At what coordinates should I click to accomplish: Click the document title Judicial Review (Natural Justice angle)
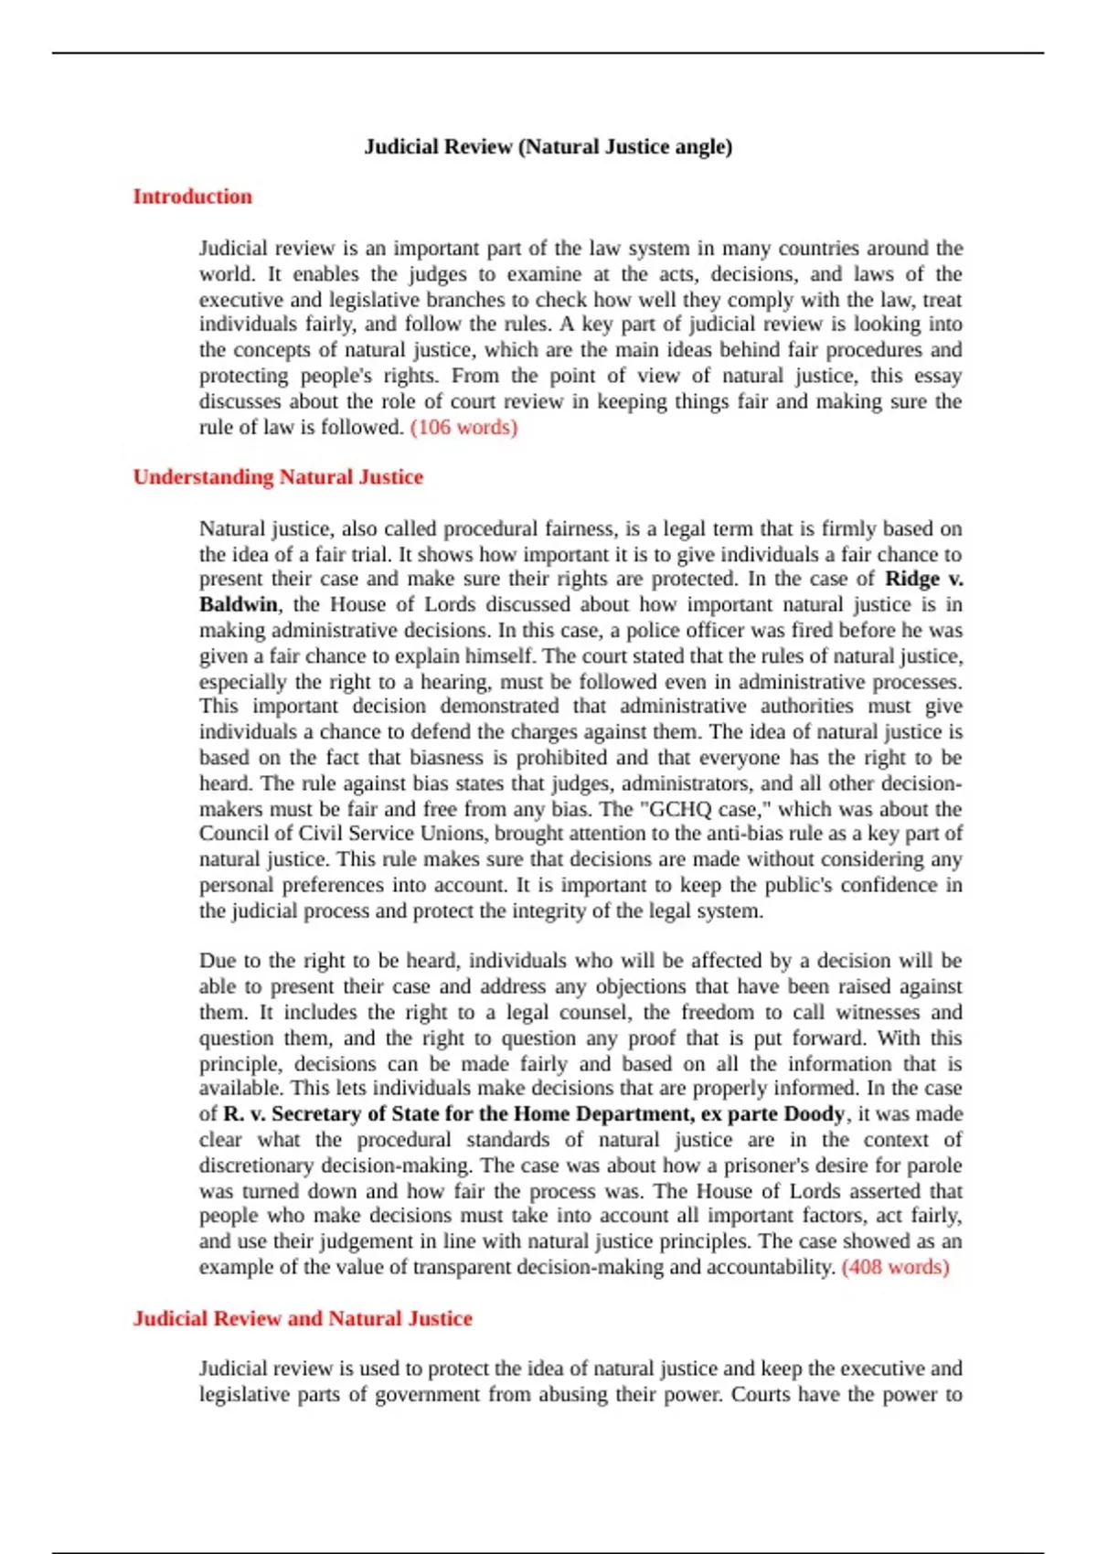pyautogui.click(x=548, y=146)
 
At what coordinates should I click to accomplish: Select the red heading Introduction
pyautogui.click(x=192, y=197)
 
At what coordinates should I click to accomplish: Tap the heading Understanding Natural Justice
pyautogui.click(x=278, y=477)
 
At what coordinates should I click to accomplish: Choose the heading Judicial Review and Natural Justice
pyautogui.click(x=303, y=1318)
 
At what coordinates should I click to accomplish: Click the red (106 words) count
pyautogui.click(x=464, y=427)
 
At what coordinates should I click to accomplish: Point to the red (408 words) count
pyautogui.click(x=895, y=1267)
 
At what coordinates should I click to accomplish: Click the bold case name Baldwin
pyautogui.click(x=239, y=604)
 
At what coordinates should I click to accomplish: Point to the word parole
pyautogui.click(x=933, y=1165)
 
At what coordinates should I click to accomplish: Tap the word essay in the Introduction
pyautogui.click(x=938, y=376)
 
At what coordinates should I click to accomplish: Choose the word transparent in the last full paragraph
pyautogui.click(x=462, y=1267)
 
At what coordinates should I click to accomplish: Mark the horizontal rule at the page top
pyautogui.click(x=548, y=53)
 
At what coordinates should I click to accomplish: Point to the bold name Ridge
pyautogui.click(x=912, y=579)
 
